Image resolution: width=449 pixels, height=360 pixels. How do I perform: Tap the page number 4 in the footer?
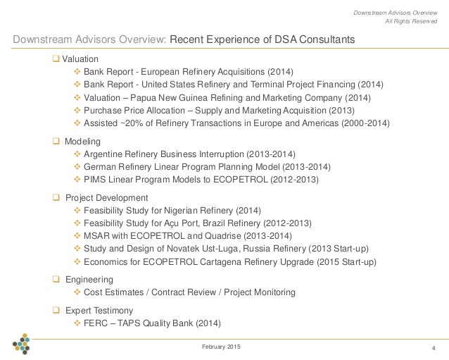433,345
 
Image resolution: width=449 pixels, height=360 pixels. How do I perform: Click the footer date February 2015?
221,344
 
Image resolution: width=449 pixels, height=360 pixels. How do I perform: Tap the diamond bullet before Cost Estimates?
77,292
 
